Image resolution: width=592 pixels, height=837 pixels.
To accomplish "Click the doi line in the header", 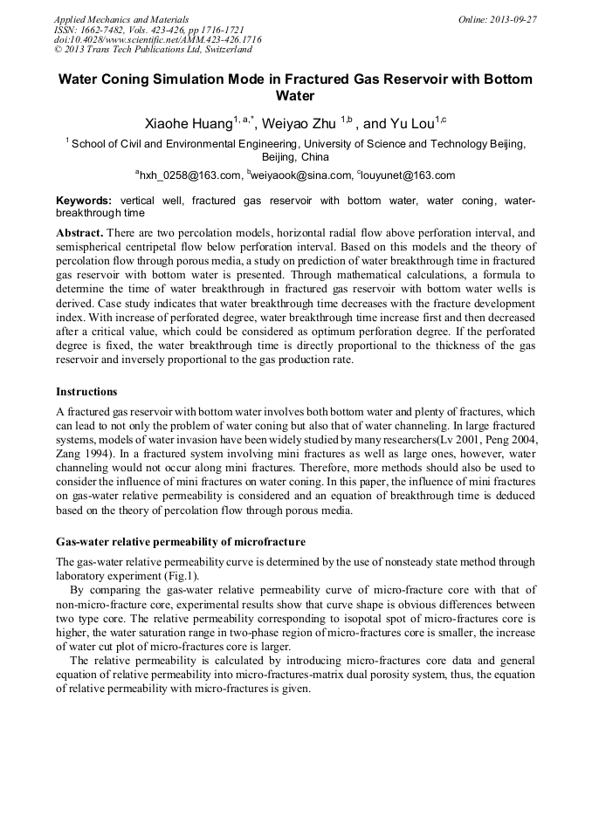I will click(x=157, y=39).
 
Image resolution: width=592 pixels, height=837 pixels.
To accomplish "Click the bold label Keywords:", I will click(x=84, y=201).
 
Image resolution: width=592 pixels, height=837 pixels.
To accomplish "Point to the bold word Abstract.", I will click(x=79, y=234).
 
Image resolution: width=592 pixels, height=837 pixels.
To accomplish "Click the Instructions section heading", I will click(x=86, y=392).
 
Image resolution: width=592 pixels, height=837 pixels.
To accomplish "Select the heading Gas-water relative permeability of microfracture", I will click(x=181, y=542).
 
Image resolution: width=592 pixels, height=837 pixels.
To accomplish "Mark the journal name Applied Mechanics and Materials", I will click(x=121, y=18).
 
